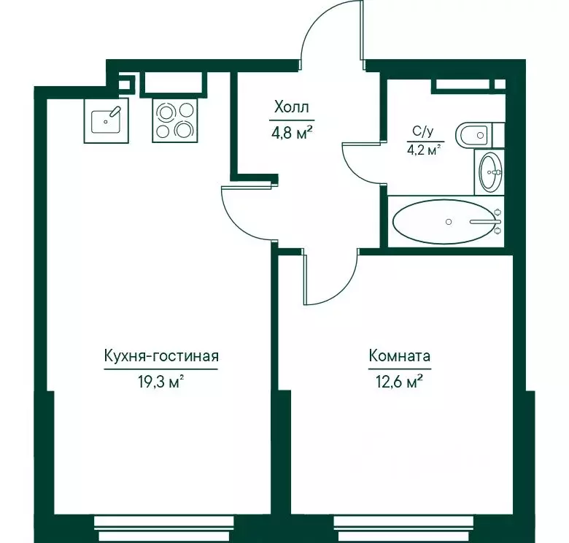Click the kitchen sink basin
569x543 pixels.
click(106, 120)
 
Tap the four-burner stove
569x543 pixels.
click(175, 120)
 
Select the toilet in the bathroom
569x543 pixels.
click(479, 135)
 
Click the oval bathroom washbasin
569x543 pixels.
click(490, 172)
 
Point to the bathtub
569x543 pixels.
click(446, 221)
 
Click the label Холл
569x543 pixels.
click(292, 107)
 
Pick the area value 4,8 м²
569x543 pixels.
click(292, 134)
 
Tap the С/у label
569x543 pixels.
click(423, 131)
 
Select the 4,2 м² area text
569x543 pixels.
click(425, 149)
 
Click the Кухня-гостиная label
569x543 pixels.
click(161, 356)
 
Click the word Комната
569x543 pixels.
click(400, 355)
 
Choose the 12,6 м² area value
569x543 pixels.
click(400, 382)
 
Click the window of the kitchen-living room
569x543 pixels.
click(164, 530)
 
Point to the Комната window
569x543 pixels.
click(403, 530)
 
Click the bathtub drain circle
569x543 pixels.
click(449, 222)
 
